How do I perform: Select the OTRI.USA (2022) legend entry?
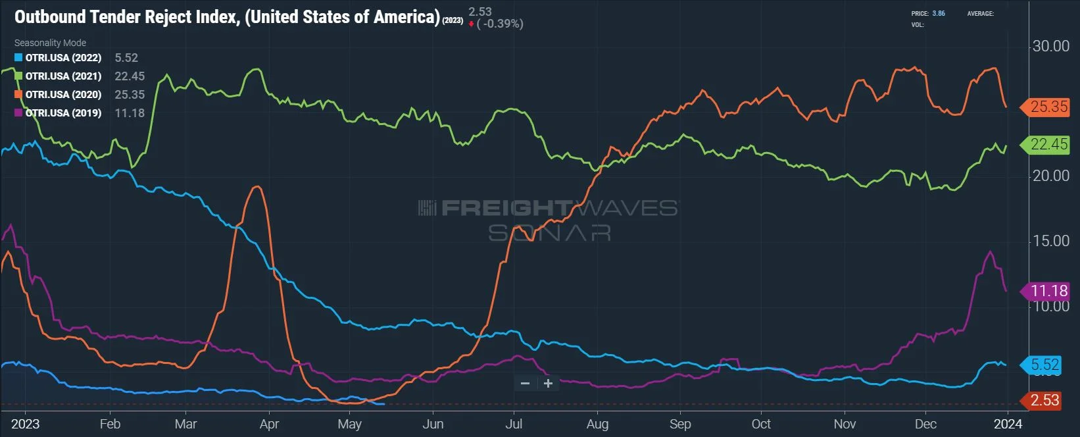63,58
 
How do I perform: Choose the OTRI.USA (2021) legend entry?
63,76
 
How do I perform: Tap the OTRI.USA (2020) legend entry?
63,95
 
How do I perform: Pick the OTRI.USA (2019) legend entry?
63,113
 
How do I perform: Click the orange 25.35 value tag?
1048,107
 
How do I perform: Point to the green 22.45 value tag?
1048,144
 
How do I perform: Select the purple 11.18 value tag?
1048,291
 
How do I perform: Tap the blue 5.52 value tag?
1044,365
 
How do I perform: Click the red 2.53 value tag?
1044,400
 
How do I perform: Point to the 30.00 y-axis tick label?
1050,46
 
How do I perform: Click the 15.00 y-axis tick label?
1050,241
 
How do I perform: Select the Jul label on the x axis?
514,424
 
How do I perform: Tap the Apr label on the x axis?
269,424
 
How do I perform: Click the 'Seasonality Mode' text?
50,43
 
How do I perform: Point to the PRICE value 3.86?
939,13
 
